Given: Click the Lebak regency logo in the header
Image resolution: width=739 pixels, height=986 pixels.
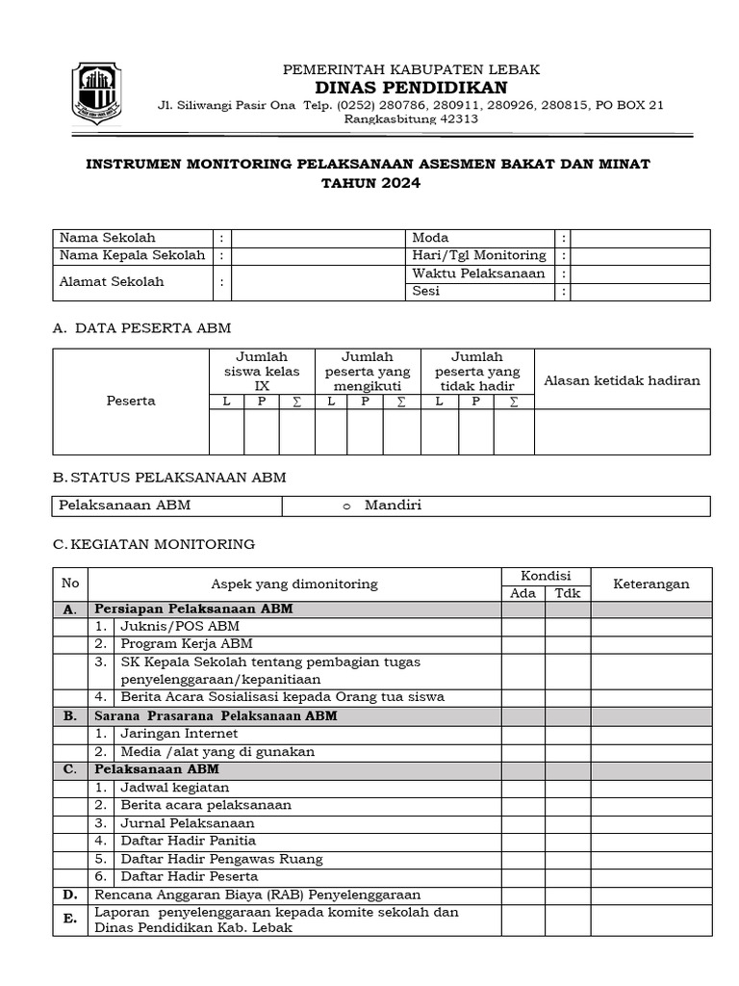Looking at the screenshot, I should [97, 93].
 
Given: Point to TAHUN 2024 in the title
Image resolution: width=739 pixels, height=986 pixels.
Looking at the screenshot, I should [369, 183].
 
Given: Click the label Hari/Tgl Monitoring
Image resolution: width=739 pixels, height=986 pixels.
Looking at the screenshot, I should [479, 255].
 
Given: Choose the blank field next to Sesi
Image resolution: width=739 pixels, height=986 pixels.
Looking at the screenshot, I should [641, 292].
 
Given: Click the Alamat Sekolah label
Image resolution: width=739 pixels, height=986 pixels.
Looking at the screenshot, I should [112, 282].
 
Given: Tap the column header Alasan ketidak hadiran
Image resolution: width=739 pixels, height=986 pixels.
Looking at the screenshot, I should [622, 380].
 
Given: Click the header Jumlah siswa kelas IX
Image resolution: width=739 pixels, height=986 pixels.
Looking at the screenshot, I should [262, 372].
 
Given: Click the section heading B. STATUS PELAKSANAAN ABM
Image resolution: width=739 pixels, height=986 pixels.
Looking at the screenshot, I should [169, 478].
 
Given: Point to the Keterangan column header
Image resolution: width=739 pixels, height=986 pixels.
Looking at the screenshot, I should [651, 584].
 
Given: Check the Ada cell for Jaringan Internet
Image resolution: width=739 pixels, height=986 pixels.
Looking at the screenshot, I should [522, 734].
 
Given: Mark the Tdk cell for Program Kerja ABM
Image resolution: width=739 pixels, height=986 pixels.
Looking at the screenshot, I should [568, 643].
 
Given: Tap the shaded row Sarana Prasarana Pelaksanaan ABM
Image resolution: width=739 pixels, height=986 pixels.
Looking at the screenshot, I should [215, 715].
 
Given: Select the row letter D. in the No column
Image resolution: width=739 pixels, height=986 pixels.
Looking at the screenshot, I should [69, 895].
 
